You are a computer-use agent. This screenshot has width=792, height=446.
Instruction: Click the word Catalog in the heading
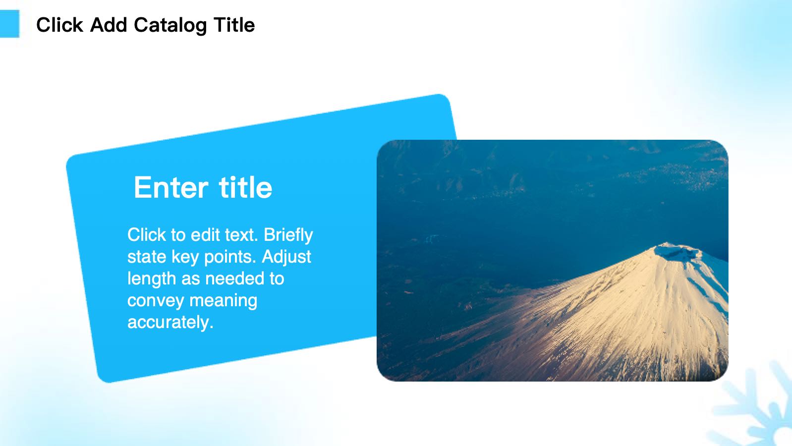point(170,26)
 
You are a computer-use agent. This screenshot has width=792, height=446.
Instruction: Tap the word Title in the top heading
point(234,25)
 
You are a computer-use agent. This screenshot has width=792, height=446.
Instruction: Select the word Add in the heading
point(109,25)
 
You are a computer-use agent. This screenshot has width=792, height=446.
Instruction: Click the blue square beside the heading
point(9,24)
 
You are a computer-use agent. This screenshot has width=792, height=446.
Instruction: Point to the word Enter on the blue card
point(171,187)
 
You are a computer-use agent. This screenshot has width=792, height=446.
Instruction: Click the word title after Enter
point(246,187)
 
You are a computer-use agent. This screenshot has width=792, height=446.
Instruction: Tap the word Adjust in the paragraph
point(286,257)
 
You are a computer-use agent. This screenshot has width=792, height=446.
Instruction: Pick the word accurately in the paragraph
point(170,323)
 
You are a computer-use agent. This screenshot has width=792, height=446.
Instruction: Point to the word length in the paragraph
point(152,279)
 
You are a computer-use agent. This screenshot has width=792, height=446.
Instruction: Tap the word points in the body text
point(230,257)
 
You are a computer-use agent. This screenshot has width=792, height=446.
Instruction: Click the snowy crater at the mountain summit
point(677,252)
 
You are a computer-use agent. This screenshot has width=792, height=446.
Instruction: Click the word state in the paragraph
point(146,257)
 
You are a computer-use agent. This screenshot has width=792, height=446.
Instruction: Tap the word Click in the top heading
point(59,25)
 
